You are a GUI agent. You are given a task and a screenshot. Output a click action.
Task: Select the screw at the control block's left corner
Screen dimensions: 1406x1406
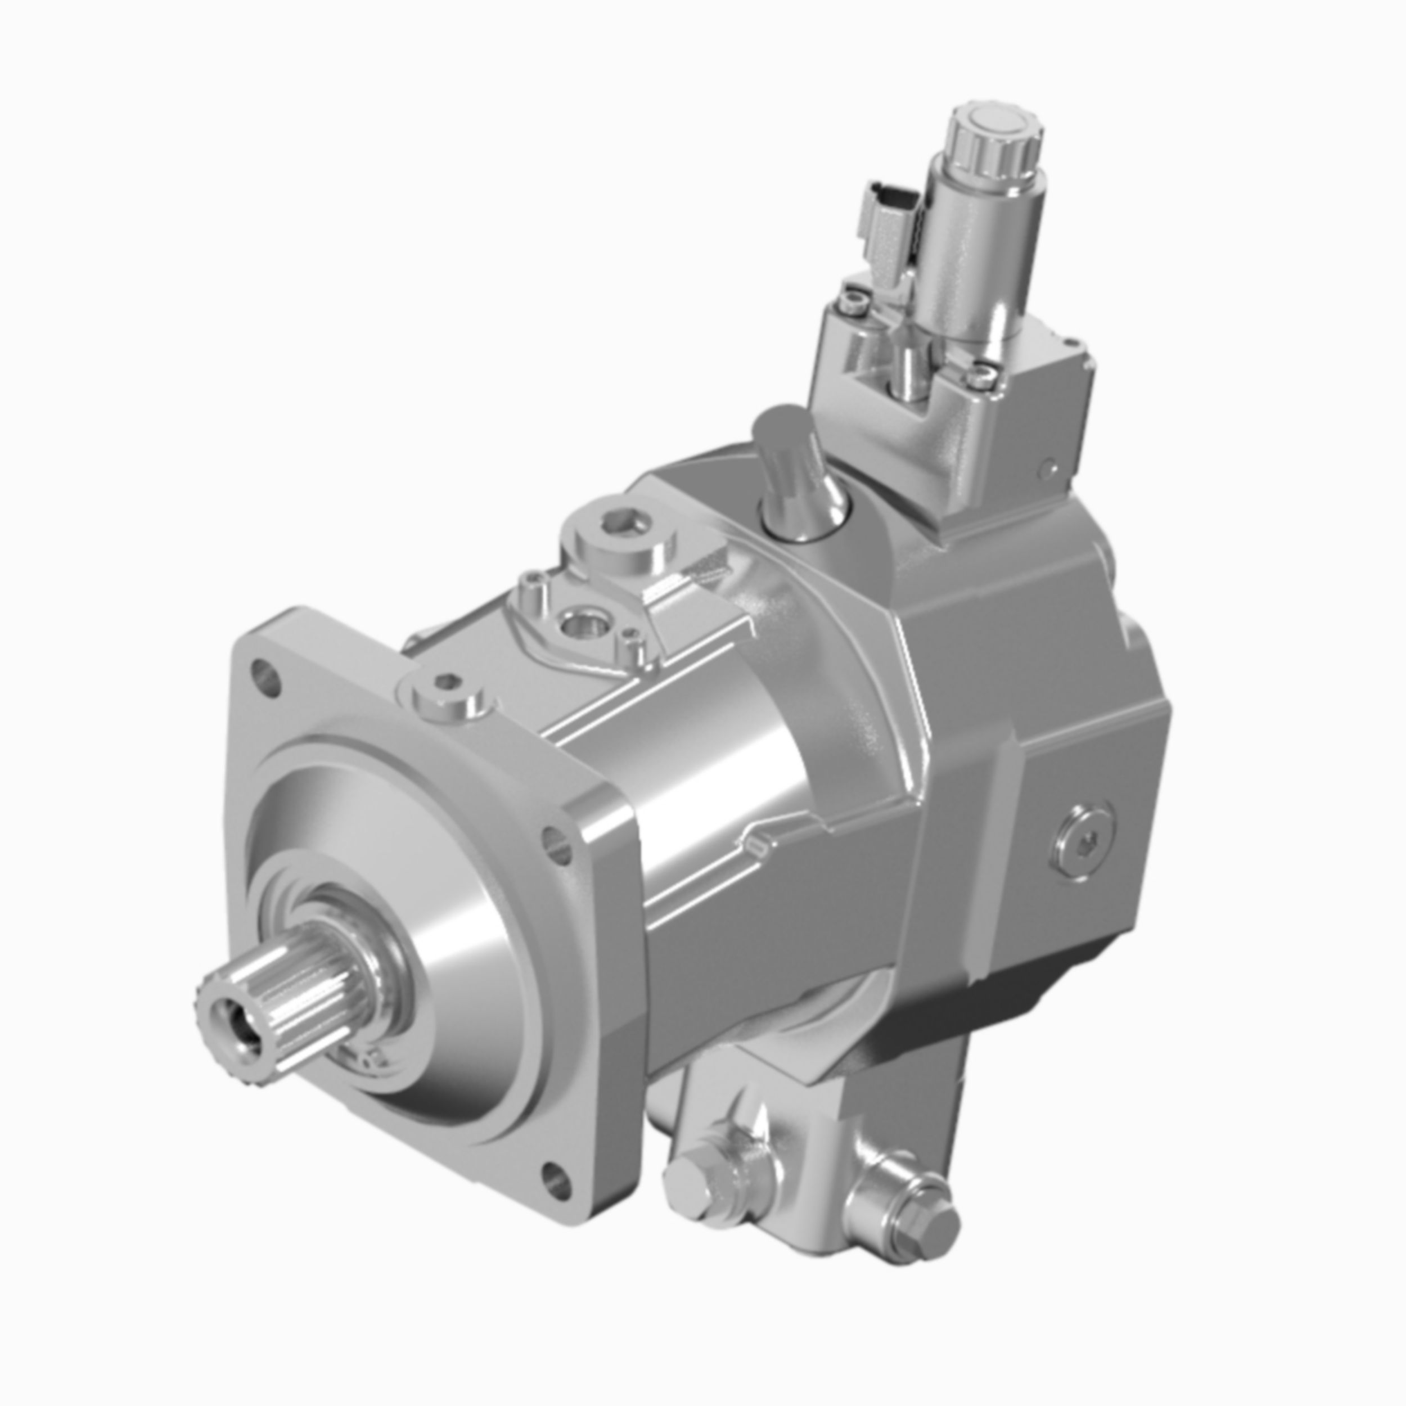click(853, 300)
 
